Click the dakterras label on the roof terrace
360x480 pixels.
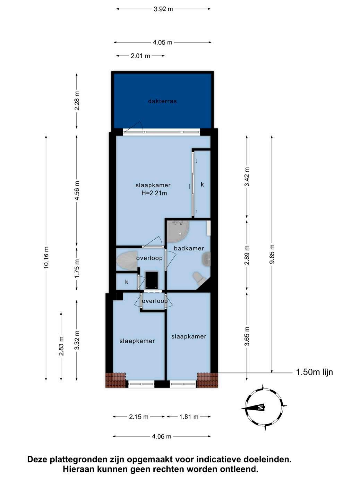click(x=162, y=101)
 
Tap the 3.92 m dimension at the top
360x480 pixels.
click(x=163, y=9)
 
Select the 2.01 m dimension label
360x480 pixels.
click(x=140, y=56)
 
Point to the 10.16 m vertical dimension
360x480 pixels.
click(x=46, y=257)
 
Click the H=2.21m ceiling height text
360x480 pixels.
click(x=154, y=193)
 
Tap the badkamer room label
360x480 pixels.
click(x=189, y=248)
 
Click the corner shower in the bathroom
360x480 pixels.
click(x=178, y=231)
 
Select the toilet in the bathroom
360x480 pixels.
click(x=199, y=278)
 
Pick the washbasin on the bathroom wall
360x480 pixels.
click(x=207, y=259)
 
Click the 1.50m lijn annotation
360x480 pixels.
click(x=314, y=372)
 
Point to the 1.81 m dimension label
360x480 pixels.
click(x=189, y=417)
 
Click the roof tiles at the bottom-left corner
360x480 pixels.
click(x=115, y=380)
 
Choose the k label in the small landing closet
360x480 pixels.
click(x=127, y=282)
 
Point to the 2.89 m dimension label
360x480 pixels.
click(x=247, y=255)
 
